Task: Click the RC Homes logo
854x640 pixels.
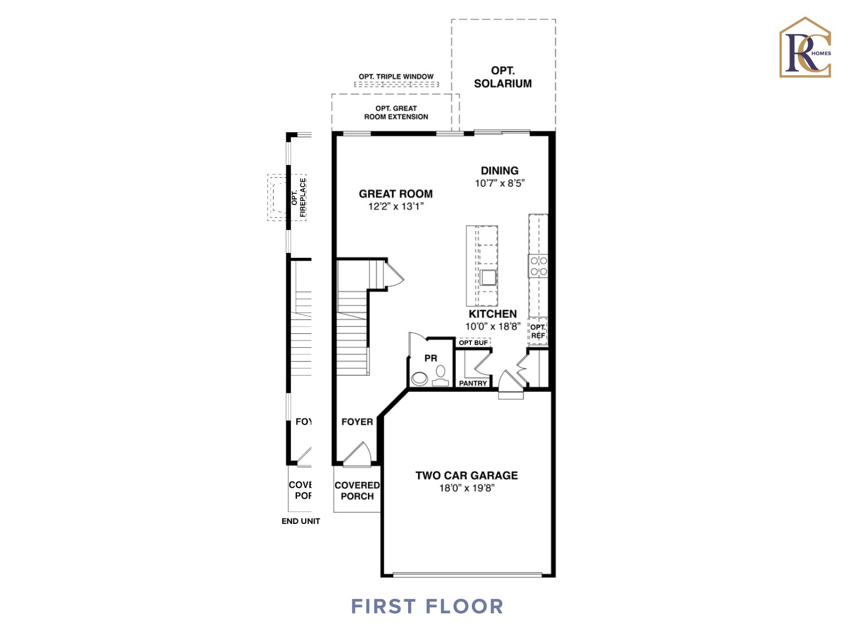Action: click(x=805, y=48)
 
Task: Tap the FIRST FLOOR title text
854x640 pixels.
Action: click(x=427, y=606)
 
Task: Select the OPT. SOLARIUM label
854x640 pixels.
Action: click(x=503, y=77)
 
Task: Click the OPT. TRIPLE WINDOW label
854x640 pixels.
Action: click(x=396, y=77)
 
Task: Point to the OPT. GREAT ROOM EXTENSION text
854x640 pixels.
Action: click(x=396, y=113)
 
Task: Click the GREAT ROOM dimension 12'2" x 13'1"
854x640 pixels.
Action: click(x=396, y=207)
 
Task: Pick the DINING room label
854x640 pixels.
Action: click(x=499, y=171)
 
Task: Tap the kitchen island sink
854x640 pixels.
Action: click(x=488, y=277)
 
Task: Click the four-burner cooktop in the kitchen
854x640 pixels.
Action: click(x=538, y=266)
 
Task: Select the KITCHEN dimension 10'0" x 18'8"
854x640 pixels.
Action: click(x=493, y=327)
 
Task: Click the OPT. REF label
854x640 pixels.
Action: click(x=538, y=331)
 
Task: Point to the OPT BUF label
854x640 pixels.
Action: click(x=473, y=343)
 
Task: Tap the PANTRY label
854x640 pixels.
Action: click(x=473, y=383)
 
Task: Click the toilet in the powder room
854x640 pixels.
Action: click(x=441, y=376)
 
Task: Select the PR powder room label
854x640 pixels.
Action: click(x=431, y=358)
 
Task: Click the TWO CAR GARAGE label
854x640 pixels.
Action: click(x=466, y=476)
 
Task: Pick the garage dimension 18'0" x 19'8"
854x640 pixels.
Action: click(x=466, y=488)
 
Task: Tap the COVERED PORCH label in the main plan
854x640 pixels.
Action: click(x=357, y=491)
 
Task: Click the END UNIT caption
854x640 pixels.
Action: click(x=301, y=521)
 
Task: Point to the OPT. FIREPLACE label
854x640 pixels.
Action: click(x=299, y=198)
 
